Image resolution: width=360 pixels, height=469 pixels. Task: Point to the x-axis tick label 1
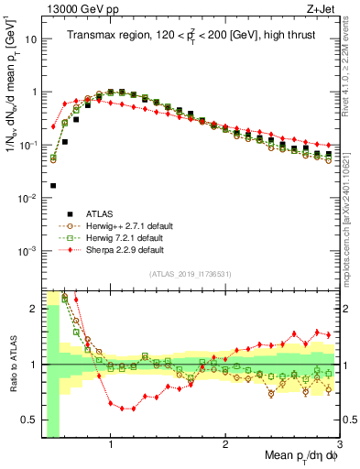[111, 446]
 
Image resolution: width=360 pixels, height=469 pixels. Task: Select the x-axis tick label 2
[225, 446]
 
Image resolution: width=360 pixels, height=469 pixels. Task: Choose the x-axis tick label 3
[339, 446]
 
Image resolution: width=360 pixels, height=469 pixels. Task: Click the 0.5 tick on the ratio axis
[30, 421]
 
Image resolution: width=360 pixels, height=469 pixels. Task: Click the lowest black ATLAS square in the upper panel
[54, 185]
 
